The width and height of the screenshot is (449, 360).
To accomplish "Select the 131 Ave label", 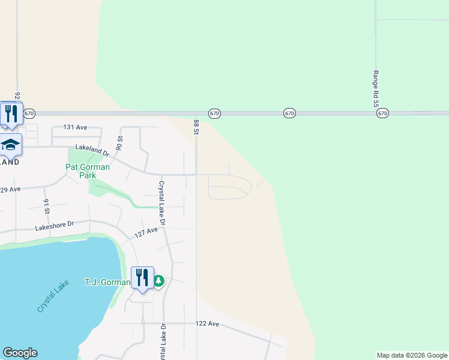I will coord(76,127).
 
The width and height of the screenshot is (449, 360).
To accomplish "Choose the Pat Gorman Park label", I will coord(88,171).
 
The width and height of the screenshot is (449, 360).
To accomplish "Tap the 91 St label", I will coord(46,206).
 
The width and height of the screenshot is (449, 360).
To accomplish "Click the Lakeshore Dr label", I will coord(54,226).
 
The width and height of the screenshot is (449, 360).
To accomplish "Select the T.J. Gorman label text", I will coord(107,283).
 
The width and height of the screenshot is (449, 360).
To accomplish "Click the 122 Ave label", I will coord(207,323).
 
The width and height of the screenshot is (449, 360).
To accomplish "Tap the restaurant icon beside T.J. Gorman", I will coord(142,277).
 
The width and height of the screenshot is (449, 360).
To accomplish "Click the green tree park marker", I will coord(159,281).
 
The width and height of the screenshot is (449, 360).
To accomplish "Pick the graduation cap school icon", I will coord(10,145).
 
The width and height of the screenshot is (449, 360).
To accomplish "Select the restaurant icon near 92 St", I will coord(10,113).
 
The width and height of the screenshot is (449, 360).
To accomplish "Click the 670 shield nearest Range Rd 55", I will coord(383,113).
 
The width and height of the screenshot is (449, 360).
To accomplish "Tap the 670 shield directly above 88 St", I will coord(214,113).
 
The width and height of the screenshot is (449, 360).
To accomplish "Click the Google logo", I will coord(20,353).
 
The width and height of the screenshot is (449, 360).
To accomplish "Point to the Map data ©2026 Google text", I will coord(411,355).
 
